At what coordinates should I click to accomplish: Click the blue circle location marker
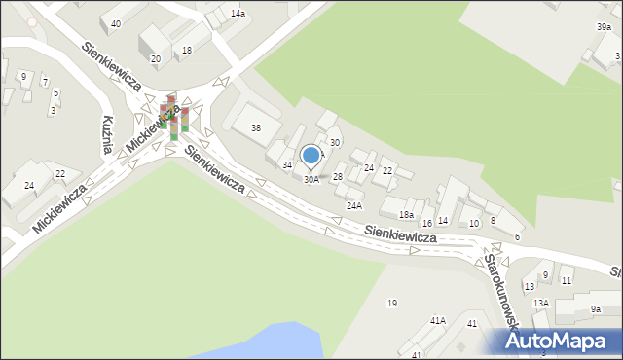311,155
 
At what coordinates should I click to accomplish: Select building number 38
256,127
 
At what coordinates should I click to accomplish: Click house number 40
116,23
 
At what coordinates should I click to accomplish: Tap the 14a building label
238,14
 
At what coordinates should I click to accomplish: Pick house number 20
155,59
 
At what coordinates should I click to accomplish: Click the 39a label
605,28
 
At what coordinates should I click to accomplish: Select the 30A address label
311,180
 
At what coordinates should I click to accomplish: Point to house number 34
287,165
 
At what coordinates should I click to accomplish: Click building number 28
337,176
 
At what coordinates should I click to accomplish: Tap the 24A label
354,205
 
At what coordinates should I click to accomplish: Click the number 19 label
391,304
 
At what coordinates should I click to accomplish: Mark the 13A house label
540,304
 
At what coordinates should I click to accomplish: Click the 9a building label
596,309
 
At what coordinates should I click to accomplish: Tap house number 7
45,82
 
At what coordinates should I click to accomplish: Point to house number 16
426,224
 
